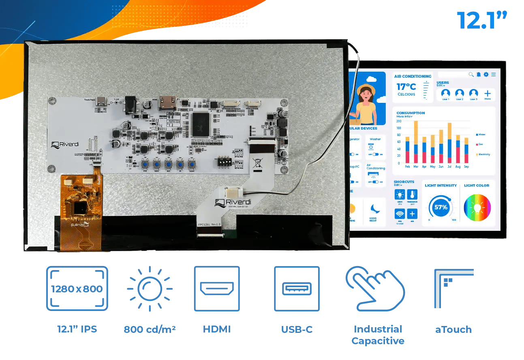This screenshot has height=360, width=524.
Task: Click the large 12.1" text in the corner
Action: [x=482, y=20]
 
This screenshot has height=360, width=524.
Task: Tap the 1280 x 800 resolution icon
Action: [x=77, y=288]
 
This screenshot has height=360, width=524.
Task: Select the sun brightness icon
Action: [x=150, y=288]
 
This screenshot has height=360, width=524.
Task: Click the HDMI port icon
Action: [x=217, y=288]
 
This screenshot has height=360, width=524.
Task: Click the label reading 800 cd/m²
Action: [x=150, y=329]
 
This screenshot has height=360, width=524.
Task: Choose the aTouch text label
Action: [x=453, y=330]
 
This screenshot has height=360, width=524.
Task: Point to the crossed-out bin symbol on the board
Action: [x=257, y=164]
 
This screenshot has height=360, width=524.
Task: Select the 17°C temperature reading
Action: [x=406, y=87]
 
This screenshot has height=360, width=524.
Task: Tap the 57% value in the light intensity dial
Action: [x=441, y=207]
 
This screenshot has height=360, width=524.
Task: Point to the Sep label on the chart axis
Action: [x=466, y=167]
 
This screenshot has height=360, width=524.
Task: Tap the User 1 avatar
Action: [x=445, y=94]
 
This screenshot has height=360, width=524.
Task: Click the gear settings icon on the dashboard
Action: [x=486, y=75]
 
